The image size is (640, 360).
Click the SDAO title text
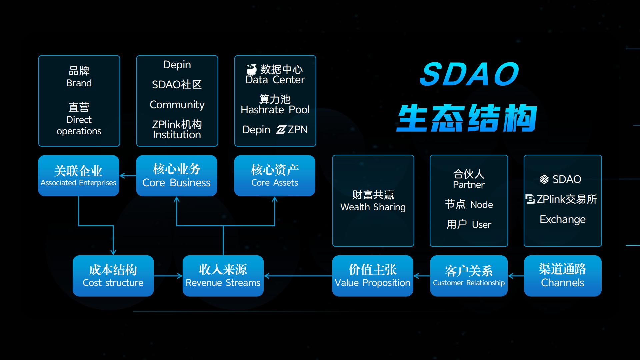469,74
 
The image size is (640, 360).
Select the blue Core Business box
176,176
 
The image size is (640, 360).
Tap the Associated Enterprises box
78,176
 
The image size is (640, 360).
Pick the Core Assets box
274,176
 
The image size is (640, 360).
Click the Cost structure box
113,276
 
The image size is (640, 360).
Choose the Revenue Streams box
223,276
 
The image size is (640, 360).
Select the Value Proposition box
372,276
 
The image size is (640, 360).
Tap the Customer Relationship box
469,276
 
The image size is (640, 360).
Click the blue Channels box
562,276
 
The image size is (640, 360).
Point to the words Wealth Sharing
373,207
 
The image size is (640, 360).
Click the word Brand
79,83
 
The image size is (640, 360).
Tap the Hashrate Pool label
275,110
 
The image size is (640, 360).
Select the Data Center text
275,80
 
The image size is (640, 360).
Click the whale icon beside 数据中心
252,69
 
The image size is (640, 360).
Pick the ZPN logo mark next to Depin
281,130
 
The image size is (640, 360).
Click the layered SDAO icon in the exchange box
544,179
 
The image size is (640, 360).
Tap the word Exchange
562,219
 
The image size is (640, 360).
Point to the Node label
481,205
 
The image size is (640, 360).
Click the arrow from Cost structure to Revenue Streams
168,276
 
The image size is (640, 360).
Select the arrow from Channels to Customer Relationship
516,276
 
